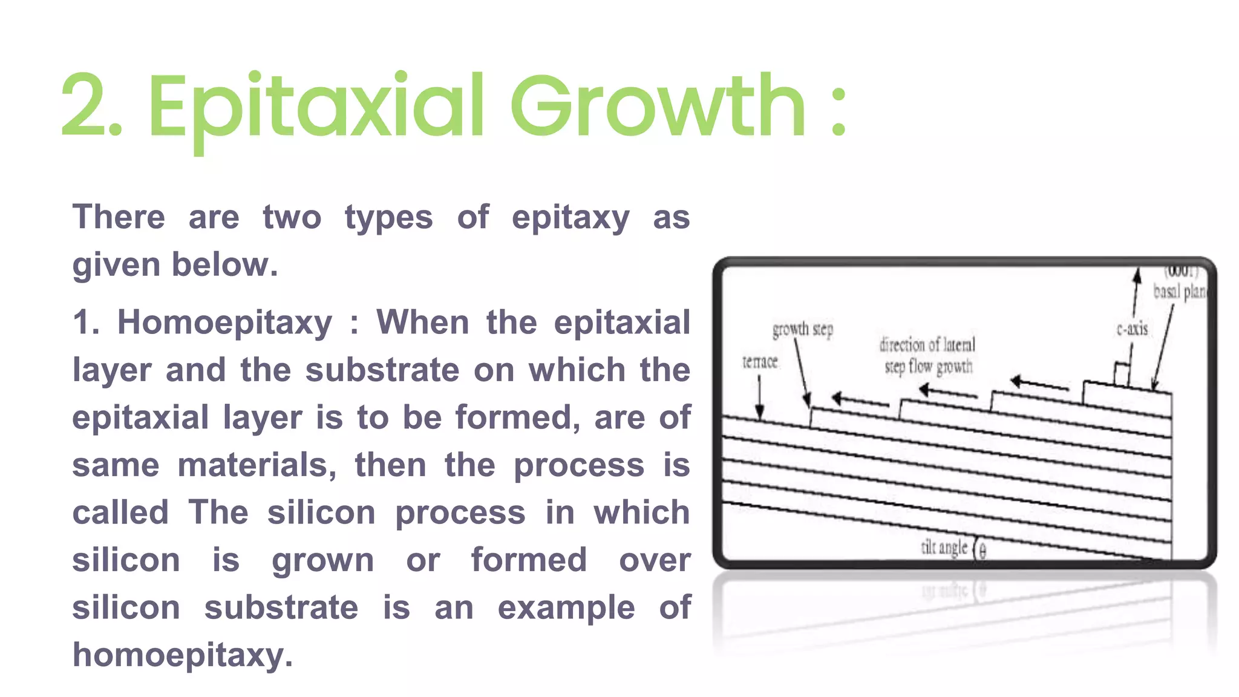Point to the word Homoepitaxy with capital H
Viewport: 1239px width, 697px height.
[224, 322]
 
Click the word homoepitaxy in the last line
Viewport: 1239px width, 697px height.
[182, 655]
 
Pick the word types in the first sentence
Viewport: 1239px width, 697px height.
[388, 218]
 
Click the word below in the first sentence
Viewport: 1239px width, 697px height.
[224, 265]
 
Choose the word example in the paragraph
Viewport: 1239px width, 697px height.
[566, 607]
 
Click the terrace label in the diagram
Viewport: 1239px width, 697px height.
[760, 362]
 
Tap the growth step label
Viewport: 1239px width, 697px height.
[802, 330]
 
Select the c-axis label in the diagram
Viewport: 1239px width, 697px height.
[1132, 329]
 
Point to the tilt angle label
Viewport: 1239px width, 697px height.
[944, 548]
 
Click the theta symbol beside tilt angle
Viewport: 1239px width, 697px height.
[982, 551]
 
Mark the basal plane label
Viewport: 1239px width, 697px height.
[1179, 292]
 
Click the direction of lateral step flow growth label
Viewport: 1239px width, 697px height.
[927, 356]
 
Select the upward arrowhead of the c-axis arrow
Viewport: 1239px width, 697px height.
[1137, 275]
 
